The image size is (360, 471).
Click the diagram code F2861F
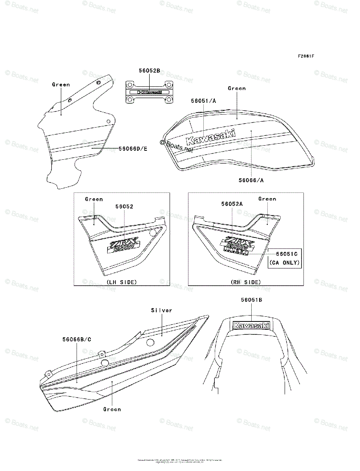(305, 56)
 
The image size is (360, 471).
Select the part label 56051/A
(204, 101)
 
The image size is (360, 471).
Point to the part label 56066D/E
(133, 149)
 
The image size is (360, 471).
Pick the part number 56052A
(232, 204)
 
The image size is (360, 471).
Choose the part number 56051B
(252, 300)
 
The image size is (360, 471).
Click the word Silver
(162, 310)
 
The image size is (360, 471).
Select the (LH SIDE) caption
(122, 282)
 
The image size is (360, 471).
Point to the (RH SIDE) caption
(246, 282)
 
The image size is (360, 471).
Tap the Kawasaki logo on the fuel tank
(211, 137)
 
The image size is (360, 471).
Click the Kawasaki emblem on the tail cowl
(251, 325)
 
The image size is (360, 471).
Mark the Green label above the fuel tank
(237, 88)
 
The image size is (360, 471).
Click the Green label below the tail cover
(112, 409)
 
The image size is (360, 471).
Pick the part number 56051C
(287, 254)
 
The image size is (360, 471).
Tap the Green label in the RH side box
(267, 199)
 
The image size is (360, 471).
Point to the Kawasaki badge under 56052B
(149, 92)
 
